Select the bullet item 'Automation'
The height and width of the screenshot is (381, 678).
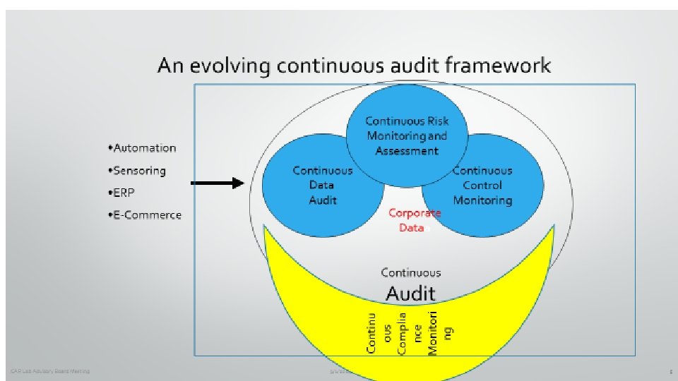143,148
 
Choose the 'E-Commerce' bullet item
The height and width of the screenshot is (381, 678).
146,215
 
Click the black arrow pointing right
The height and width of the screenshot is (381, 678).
218,183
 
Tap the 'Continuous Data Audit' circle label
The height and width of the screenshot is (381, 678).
322,186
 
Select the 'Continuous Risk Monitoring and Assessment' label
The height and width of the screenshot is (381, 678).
407,135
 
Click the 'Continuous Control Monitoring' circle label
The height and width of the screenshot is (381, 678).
482,186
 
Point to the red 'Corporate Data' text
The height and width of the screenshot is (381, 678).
414,220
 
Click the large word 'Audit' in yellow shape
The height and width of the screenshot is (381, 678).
410,293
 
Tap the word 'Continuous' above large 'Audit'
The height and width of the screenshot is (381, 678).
410,272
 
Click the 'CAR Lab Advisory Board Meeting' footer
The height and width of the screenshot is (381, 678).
50,371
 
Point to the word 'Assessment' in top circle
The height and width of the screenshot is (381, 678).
407,151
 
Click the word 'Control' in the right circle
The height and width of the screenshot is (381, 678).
482,186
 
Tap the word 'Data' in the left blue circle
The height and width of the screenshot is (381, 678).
322,186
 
